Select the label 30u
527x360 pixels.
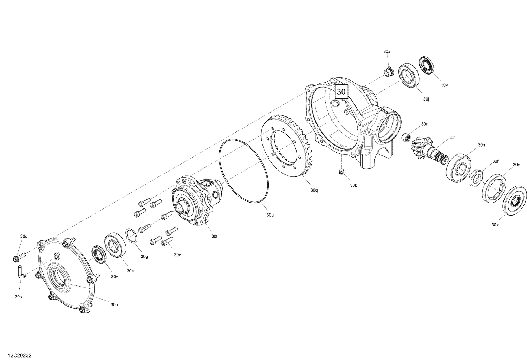pyautogui.click(x=270, y=214)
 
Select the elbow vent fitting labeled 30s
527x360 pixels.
pyautogui.click(x=21, y=272)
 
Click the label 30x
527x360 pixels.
pyautogui.click(x=495, y=224)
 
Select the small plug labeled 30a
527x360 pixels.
pyautogui.click(x=388, y=72)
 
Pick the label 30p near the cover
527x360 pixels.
pyautogui.click(x=114, y=304)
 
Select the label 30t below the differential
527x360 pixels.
pyautogui.click(x=214, y=236)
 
